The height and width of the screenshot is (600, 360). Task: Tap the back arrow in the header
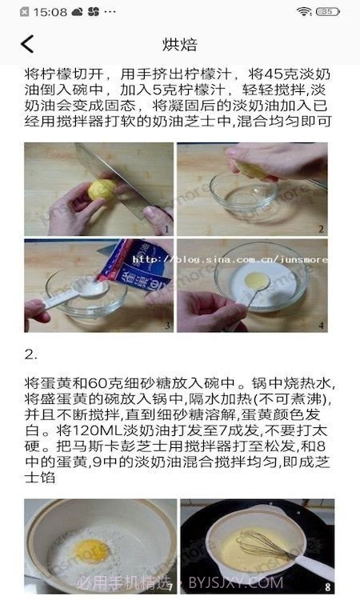(28, 44)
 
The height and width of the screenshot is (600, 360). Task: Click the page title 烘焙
(180, 44)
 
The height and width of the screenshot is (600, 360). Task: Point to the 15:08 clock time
(50, 12)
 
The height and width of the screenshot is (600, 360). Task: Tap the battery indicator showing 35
(328, 12)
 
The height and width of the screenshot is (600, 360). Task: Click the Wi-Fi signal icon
(304, 12)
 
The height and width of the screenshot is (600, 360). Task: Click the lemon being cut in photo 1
(102, 191)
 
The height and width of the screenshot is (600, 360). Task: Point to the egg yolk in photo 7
(91, 550)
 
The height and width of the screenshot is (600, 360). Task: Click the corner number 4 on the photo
(322, 326)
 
